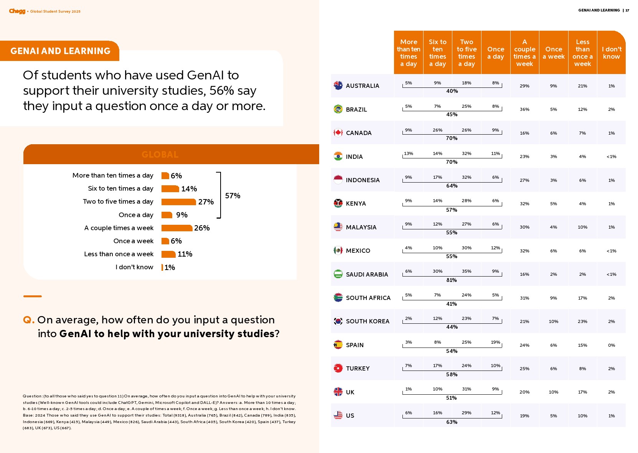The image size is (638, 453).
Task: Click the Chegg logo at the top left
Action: (x=17, y=11)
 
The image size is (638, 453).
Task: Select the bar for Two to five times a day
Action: (x=178, y=202)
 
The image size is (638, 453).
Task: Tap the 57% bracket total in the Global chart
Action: (x=232, y=196)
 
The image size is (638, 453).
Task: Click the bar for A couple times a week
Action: (x=176, y=228)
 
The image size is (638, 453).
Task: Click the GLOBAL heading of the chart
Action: (x=160, y=155)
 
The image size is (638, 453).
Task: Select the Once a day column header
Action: (x=496, y=53)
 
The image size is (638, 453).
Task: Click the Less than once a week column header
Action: (x=582, y=53)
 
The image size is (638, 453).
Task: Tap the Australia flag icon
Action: (x=338, y=86)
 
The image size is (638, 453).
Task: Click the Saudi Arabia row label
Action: (x=367, y=274)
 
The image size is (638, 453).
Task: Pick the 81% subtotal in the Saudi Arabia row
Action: (x=452, y=280)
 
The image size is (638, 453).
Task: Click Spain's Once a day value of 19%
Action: (x=495, y=342)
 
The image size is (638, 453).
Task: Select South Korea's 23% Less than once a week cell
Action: (x=582, y=321)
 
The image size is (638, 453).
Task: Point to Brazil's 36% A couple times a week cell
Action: (x=524, y=109)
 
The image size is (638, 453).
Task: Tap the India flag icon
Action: (x=338, y=156)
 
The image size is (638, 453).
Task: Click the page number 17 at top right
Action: (x=627, y=10)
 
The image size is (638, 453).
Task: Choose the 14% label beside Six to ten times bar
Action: (x=189, y=189)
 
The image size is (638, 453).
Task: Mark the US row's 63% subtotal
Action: (x=452, y=422)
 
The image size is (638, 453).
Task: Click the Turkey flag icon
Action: (x=338, y=368)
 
